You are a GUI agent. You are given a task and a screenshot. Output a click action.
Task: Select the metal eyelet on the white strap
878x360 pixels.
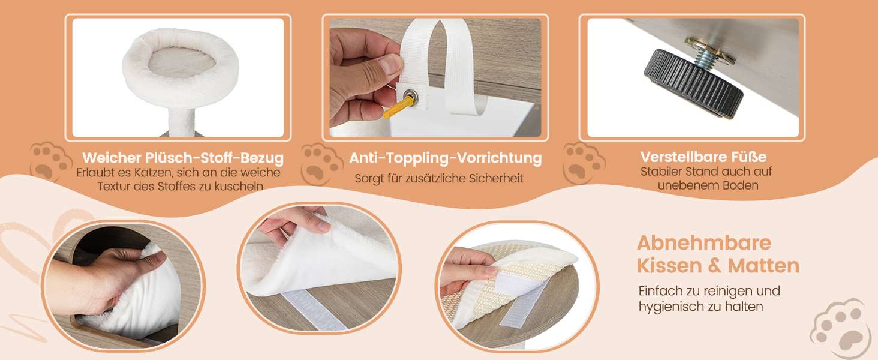pos(410,95)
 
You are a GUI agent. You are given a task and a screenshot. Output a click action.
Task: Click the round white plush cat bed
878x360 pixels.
pos(181,67)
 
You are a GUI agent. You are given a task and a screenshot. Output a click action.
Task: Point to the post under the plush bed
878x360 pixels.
pos(182,122)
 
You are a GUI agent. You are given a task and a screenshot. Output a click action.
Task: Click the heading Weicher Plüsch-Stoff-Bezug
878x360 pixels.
pos(183,158)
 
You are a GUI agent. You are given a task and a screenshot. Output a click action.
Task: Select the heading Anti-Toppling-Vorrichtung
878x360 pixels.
pos(445,158)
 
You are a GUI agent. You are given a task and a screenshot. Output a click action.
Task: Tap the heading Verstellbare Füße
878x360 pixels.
pos(703,157)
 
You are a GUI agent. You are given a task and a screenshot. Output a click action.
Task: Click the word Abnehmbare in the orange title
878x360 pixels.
pos(704,243)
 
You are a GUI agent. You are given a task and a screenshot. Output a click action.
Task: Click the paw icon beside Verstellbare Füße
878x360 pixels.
pos(584,164)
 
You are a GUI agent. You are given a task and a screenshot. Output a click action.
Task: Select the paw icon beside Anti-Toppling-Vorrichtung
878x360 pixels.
pos(322,164)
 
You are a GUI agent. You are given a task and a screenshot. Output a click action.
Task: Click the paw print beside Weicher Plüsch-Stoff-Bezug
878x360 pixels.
pos(51,162)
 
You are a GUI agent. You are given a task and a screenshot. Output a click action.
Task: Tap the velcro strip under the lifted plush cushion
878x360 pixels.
pos(314,310)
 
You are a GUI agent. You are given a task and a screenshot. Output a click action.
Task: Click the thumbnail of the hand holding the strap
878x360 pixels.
pos(435,77)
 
